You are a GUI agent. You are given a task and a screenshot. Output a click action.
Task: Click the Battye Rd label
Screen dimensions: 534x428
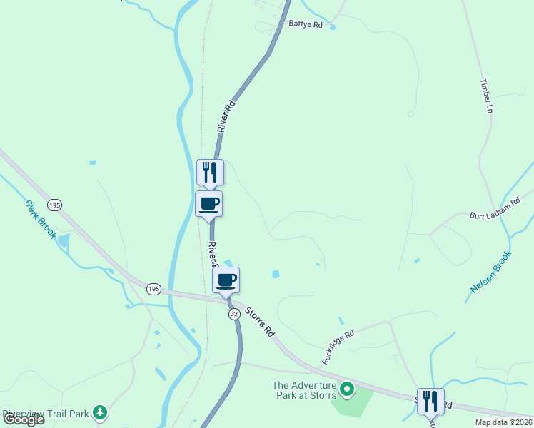[306, 24]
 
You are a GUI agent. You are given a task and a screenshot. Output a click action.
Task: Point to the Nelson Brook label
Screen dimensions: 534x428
[491, 272]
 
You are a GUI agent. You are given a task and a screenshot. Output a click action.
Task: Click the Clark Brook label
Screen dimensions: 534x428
[41, 219]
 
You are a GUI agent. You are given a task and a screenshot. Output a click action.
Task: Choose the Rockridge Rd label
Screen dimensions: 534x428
[338, 347]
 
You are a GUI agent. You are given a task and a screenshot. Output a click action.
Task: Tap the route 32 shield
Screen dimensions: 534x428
[233, 314]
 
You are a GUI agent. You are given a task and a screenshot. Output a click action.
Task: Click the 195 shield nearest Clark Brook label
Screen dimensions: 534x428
[56, 205]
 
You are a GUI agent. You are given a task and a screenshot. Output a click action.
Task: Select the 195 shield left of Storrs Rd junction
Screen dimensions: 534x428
[153, 289]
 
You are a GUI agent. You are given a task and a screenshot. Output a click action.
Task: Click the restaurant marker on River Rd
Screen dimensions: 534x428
[210, 172]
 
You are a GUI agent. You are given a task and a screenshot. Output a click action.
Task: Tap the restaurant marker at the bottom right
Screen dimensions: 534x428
[430, 401]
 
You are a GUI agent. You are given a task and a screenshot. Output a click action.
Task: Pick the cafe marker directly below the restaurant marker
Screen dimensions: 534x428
[209, 204]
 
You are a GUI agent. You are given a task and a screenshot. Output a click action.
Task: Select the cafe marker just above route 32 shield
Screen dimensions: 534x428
[226, 280]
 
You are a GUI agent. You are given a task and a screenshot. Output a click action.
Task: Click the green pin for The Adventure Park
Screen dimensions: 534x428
[346, 389]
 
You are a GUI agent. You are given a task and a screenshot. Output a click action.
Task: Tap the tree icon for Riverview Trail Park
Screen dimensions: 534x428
[101, 412]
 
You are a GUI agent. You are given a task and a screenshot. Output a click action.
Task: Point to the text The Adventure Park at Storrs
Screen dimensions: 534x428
[303, 390]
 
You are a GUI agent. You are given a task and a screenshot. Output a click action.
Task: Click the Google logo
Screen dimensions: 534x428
[23, 419]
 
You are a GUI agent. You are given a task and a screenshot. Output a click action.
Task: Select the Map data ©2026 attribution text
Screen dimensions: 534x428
[503, 422]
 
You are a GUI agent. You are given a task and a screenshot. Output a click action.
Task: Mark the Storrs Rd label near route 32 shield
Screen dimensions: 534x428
[260, 322]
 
